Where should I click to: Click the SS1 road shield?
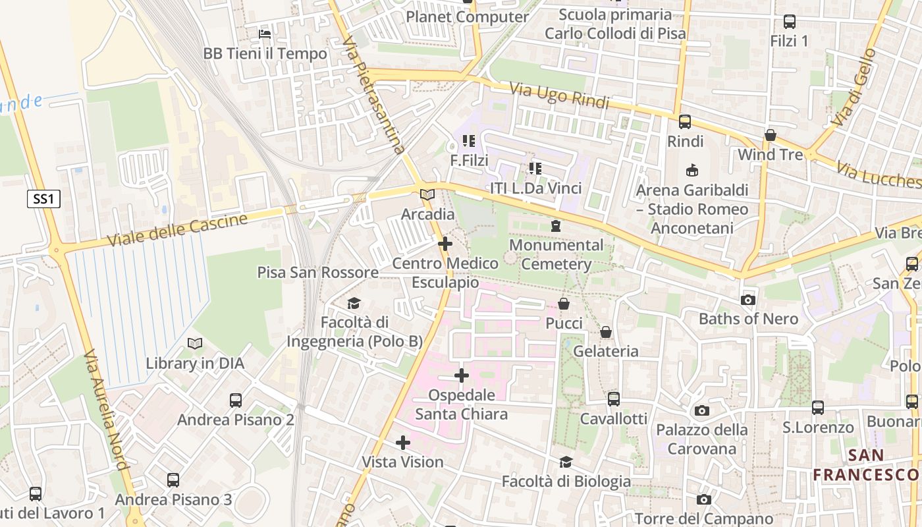pos(43,199)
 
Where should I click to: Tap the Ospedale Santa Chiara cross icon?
pos(462,375)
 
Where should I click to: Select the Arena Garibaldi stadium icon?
pos(691,171)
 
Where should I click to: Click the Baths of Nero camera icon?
pos(747,300)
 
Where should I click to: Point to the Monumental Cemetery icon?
pos(556,226)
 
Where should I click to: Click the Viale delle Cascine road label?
pos(177,230)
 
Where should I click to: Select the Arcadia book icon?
pos(427,194)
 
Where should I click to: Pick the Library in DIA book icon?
pos(195,343)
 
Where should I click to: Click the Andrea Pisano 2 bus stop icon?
pos(235,400)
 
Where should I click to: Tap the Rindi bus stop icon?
pos(685,121)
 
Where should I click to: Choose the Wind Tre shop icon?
pos(770,135)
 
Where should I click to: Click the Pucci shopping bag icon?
pos(564,304)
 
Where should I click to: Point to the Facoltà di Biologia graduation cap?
pos(566,462)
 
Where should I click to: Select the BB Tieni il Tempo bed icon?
pos(265,34)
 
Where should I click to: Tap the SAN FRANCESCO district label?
pos(865,464)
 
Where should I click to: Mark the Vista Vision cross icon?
pos(402,443)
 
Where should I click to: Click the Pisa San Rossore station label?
pos(317,272)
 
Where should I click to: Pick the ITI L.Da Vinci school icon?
pos(535,169)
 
